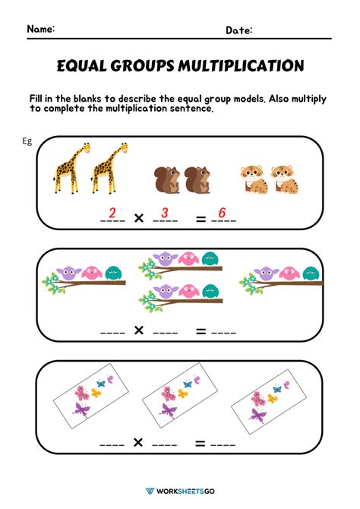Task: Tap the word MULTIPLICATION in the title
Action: click(240, 66)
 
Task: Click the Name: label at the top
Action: click(41, 29)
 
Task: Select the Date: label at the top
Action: click(239, 30)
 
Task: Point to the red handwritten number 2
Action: click(112, 213)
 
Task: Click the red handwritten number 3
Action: click(165, 213)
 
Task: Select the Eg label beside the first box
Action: click(27, 142)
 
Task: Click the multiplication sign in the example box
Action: click(139, 219)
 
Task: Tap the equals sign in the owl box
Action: click(201, 330)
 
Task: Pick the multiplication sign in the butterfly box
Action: click(139, 443)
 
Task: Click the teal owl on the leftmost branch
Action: click(113, 272)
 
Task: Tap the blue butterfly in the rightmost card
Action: click(274, 387)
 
